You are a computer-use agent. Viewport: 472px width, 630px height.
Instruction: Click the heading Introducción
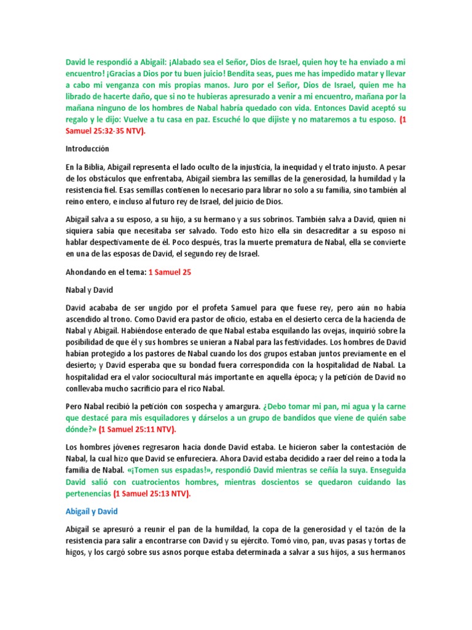(x=87, y=148)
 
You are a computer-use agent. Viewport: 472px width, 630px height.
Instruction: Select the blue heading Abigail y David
(x=92, y=511)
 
